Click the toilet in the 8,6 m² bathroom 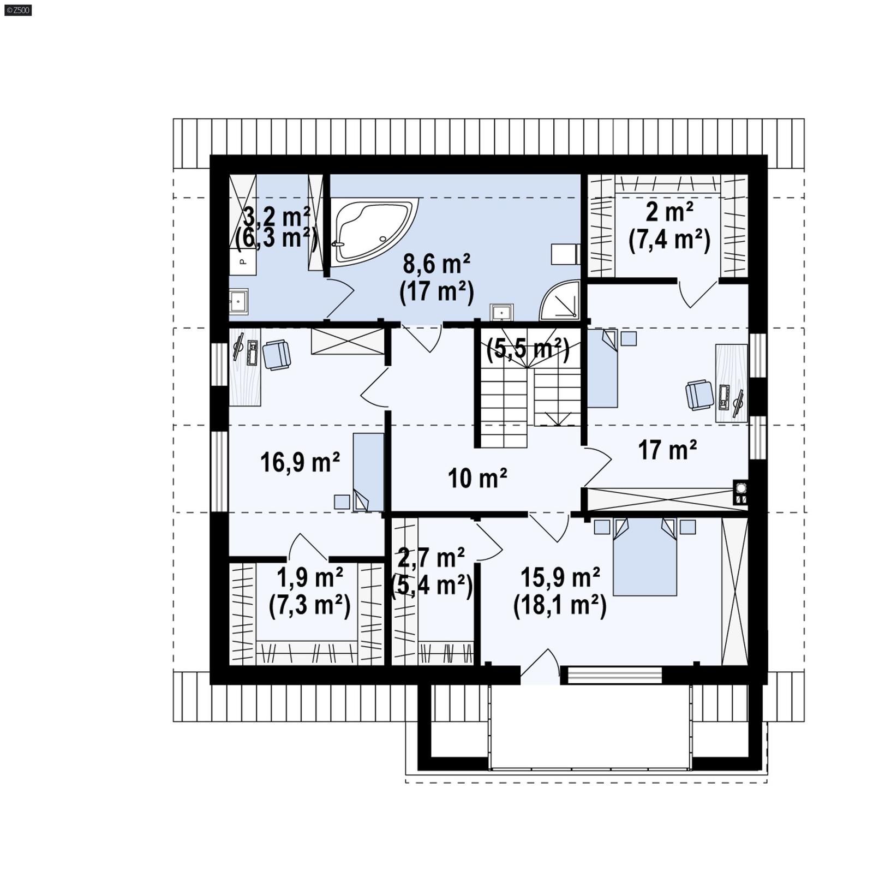point(565,254)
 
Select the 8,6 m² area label point(436,265)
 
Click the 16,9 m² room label point(300,463)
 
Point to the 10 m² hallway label point(477,479)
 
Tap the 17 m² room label point(667,450)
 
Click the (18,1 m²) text point(560,606)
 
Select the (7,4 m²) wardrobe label point(669,240)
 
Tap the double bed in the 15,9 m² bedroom point(645,559)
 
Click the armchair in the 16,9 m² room point(277,355)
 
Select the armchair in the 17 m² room point(699,395)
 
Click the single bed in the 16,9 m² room point(368,472)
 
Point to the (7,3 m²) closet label point(309,606)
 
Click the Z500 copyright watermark point(17,10)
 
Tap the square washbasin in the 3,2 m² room point(238,301)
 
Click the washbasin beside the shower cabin point(501,313)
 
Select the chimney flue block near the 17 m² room point(740,493)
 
